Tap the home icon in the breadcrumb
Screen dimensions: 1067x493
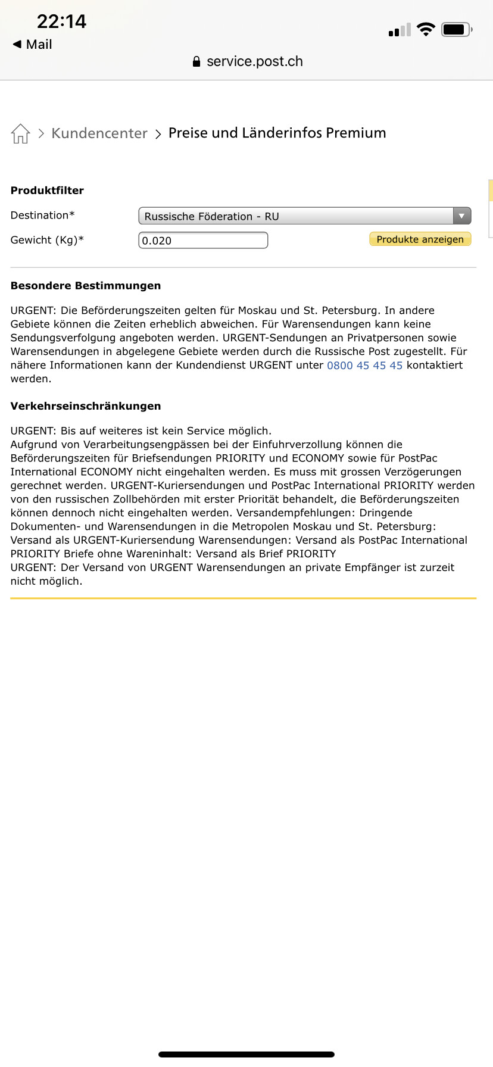pos(20,133)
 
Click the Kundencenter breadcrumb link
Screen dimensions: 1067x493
pos(99,133)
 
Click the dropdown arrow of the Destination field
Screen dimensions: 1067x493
pos(461,216)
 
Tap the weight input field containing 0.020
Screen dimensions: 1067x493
pos(203,241)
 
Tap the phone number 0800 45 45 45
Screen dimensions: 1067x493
pos(364,366)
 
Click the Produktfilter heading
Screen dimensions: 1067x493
pos(47,191)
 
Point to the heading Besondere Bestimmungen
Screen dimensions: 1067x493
pos(86,286)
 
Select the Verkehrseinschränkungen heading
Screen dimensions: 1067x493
pos(86,406)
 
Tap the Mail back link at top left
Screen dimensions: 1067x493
pos(33,45)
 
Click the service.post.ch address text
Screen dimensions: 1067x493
pos(254,61)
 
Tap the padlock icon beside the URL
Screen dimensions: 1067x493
pos(196,61)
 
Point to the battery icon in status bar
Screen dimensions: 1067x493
pos(456,29)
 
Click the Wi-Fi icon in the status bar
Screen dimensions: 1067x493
pos(426,29)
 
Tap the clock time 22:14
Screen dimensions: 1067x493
pos(61,21)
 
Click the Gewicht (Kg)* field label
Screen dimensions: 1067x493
pos(47,240)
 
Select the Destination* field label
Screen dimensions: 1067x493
pos(42,216)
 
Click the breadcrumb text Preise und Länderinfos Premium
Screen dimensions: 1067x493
pos(277,133)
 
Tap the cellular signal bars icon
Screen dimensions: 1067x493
pos(400,30)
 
